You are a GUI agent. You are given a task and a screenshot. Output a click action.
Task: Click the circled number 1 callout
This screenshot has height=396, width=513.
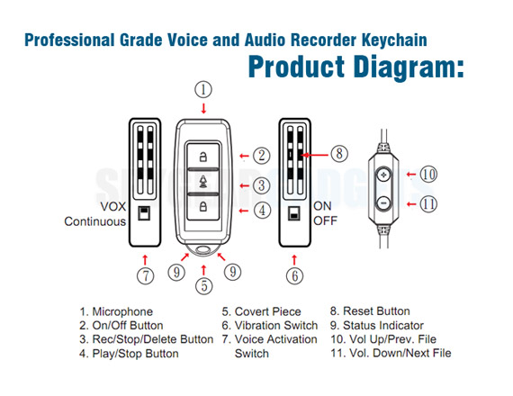coord(203,90)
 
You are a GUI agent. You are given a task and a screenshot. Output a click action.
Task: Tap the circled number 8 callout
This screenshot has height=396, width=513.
coord(339,154)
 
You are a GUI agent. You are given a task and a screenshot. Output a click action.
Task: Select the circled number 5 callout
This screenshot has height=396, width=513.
coord(203,285)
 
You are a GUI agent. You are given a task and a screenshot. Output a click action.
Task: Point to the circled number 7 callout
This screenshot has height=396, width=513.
coord(146,275)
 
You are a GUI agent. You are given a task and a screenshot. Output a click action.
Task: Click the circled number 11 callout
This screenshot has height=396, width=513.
coord(428,204)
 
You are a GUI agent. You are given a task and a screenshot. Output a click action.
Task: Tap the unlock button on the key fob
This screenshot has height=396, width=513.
coord(202,156)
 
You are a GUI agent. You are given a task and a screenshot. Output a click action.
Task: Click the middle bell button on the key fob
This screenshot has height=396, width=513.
coord(202,181)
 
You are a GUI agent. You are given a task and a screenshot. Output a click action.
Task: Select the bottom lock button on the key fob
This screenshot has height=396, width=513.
coord(202,207)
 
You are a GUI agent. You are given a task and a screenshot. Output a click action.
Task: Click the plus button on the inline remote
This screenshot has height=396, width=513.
coord(383,175)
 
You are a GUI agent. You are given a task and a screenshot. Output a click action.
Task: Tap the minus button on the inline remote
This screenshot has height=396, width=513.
coord(383,203)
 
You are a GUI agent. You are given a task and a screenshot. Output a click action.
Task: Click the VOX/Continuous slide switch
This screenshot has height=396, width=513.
coord(144,213)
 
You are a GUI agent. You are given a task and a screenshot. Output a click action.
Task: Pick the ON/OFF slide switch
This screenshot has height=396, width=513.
coord(293,213)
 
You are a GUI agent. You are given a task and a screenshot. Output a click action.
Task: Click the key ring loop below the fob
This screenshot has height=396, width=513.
coord(203,249)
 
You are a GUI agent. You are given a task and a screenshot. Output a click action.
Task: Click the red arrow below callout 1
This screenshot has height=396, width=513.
coord(203,108)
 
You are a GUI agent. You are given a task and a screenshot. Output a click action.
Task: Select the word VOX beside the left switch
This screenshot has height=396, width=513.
coord(112,206)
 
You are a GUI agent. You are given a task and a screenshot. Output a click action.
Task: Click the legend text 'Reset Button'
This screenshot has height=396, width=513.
coord(376,310)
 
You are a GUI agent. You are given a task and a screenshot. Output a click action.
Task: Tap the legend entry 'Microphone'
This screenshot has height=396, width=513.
coord(122,311)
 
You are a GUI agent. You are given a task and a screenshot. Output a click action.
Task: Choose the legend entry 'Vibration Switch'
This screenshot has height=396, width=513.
coord(276,325)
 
